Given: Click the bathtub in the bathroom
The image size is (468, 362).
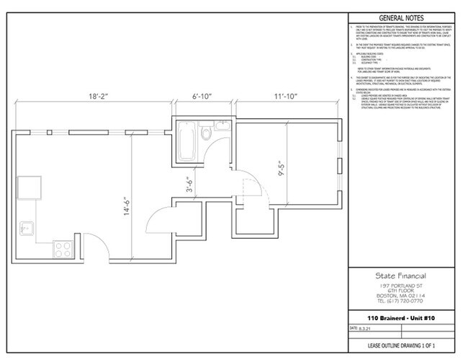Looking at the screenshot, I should click(x=186, y=142).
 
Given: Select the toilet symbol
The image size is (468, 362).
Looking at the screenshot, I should click(x=206, y=132).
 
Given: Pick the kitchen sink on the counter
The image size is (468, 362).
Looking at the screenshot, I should click(x=26, y=227).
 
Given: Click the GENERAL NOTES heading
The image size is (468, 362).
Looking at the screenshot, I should click(x=401, y=18).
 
